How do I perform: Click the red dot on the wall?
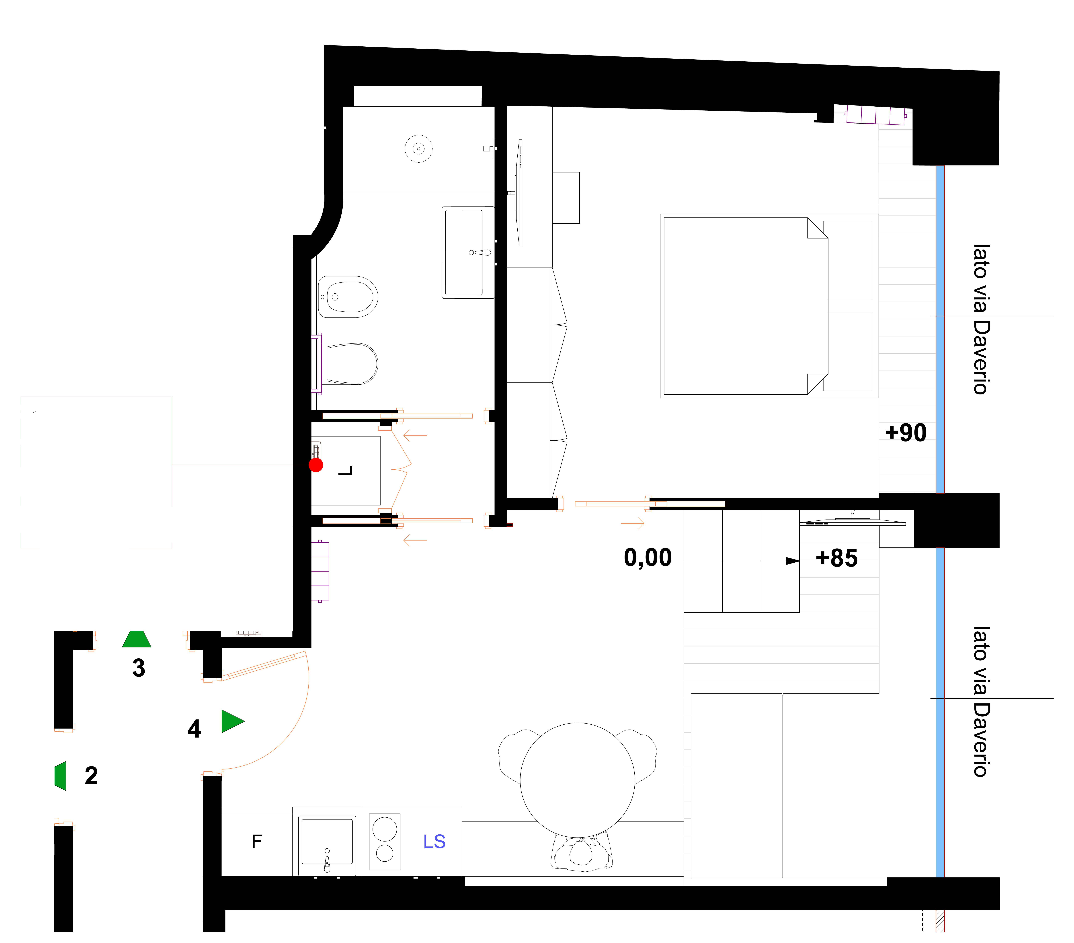(316, 465)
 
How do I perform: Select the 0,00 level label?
(648, 558)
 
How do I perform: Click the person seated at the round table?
(581, 852)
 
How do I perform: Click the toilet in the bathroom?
(349, 364)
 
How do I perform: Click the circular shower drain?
(419, 149)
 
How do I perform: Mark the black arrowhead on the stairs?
(792, 561)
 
